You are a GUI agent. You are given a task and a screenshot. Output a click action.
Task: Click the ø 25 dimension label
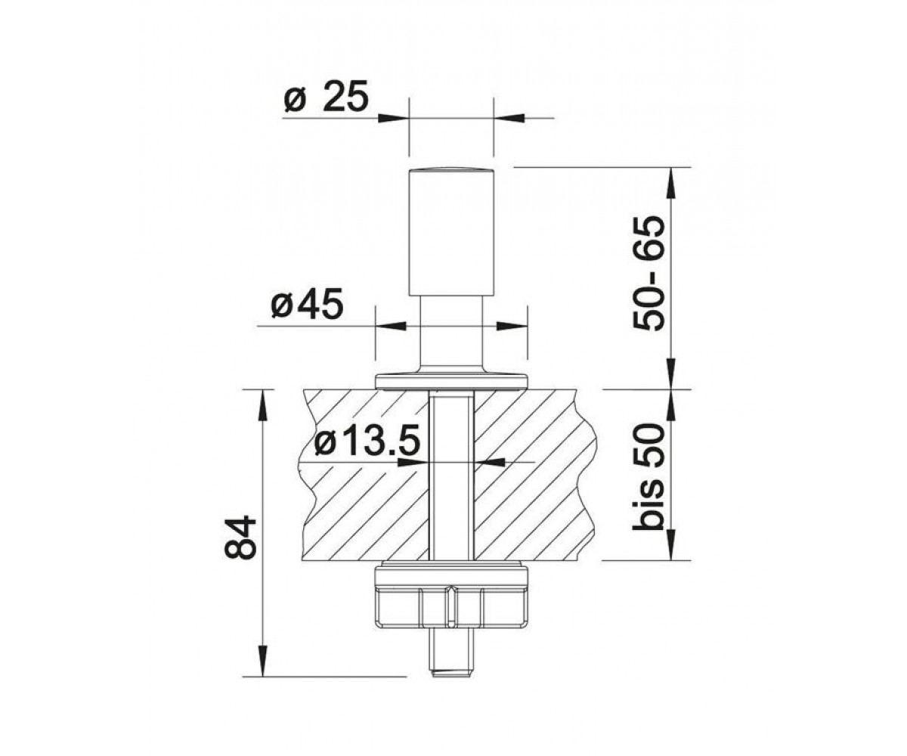pos(327,96)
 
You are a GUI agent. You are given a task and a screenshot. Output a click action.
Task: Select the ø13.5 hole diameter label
pos(367,441)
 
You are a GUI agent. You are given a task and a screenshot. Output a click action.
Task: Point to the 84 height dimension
pos(240,538)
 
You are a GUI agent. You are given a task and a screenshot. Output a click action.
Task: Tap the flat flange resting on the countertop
pos(451,381)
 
